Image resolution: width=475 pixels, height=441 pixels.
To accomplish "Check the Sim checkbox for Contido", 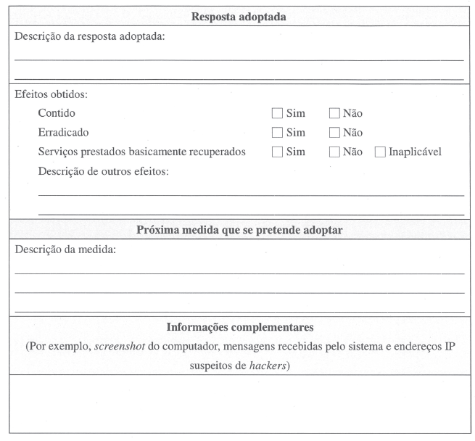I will coord(277,113).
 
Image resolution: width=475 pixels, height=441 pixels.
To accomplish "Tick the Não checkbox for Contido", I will coord(334,113).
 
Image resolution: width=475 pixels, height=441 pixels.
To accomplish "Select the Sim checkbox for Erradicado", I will coord(277,133).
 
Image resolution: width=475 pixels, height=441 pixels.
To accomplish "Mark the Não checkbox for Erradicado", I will coord(334,133).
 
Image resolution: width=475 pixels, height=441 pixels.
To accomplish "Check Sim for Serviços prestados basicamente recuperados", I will coord(277,152).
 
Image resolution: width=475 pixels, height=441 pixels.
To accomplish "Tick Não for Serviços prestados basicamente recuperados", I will coord(334,152).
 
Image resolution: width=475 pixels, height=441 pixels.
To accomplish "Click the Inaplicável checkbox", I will coord(381,152).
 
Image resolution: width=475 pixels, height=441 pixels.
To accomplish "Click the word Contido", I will coord(56,113).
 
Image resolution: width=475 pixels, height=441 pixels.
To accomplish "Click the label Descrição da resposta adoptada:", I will coord(90,36).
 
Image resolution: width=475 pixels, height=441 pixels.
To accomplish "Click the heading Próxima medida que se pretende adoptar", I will coord(239,231).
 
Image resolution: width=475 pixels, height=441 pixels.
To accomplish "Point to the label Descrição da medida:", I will coord(65,250).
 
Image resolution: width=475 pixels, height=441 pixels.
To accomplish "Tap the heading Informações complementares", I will coord(239,327).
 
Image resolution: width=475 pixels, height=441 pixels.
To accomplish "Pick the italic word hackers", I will coord(268,366).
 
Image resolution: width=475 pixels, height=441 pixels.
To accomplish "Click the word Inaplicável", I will coord(415,152).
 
